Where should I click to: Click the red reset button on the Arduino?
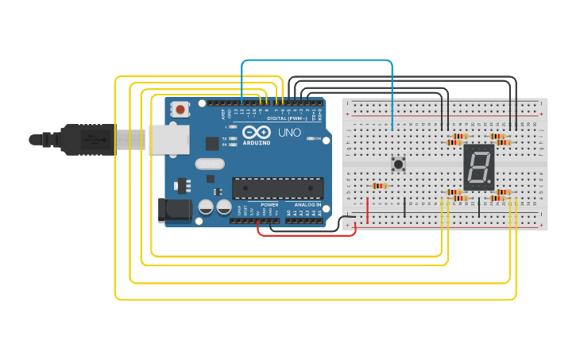click(181, 110)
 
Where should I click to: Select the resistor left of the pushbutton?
click(380, 186)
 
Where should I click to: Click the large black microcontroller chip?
click(277, 188)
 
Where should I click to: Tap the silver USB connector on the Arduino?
click(168, 139)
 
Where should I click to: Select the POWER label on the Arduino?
click(269, 205)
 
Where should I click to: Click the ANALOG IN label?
click(307, 205)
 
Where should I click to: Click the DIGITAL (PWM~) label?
click(288, 118)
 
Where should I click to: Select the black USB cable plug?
click(87, 140)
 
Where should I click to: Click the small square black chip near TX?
click(212, 143)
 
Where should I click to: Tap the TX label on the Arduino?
click(226, 138)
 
